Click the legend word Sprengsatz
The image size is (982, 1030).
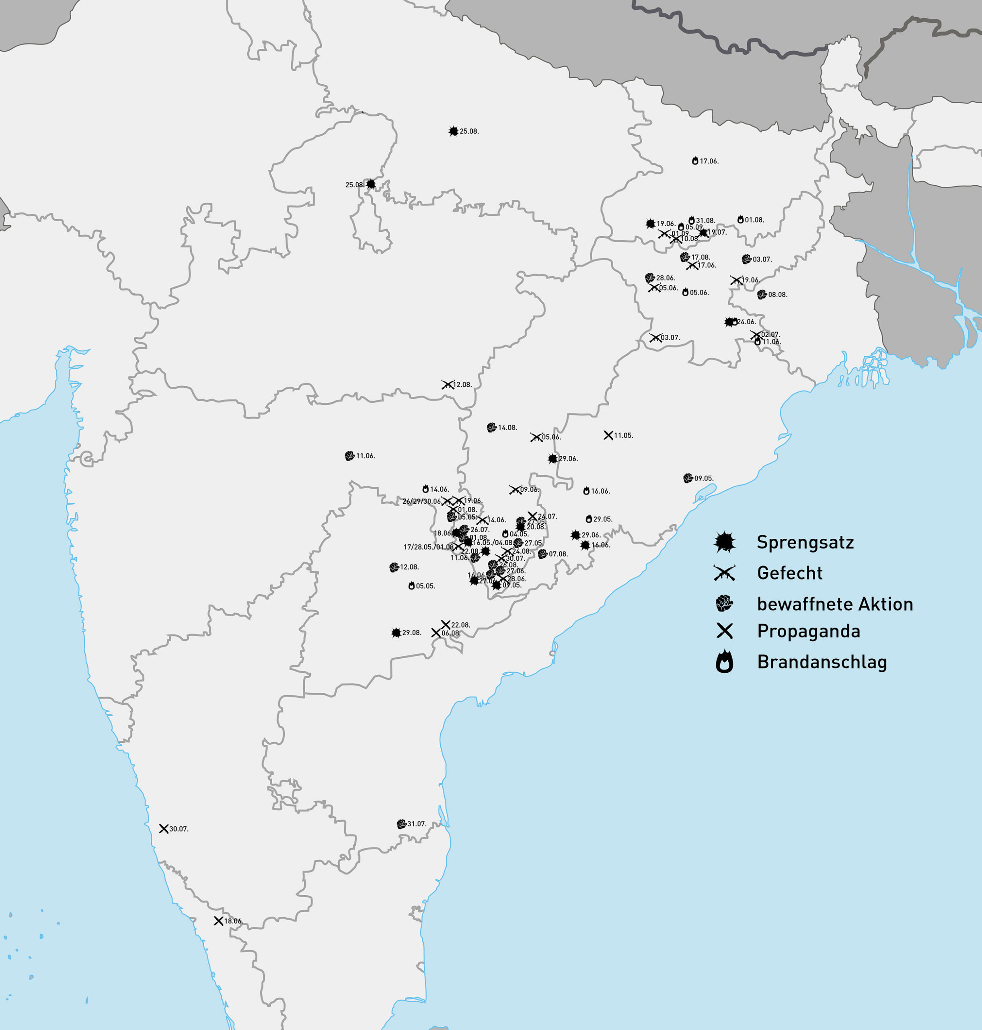[805, 542]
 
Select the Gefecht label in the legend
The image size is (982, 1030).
[789, 573]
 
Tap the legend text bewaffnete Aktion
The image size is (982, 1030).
[834, 604]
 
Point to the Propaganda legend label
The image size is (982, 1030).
[808, 632]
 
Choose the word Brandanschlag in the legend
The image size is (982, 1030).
[822, 662]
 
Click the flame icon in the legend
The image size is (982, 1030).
[725, 662]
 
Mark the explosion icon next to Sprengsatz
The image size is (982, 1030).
[725, 542]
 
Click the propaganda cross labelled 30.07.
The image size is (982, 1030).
[163, 829]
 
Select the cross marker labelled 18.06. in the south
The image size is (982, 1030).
[218, 921]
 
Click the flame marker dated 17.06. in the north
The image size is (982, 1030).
[695, 161]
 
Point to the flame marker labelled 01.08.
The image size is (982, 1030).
[740, 219]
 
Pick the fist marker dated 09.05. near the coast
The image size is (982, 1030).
[688, 478]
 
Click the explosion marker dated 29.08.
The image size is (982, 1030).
[396, 633]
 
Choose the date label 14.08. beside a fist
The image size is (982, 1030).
[507, 428]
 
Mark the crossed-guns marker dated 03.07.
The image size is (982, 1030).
[655, 338]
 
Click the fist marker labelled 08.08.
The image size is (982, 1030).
[762, 295]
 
